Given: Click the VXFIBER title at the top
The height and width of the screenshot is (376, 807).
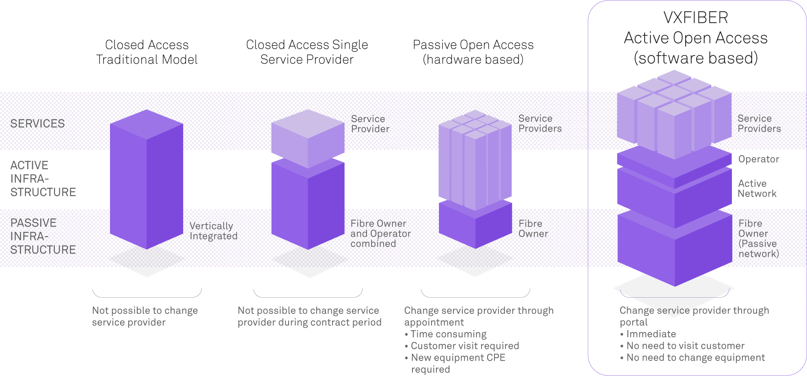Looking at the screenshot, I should [695, 17].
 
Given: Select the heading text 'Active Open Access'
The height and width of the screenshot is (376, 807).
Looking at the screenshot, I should [695, 38].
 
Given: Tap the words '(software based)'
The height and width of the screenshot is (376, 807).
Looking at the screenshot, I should [695, 58].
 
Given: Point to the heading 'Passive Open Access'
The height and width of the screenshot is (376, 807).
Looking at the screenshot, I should [473, 45].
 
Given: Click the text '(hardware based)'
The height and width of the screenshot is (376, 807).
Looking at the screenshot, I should [473, 60].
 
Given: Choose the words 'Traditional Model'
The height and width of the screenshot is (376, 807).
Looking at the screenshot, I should [147, 60].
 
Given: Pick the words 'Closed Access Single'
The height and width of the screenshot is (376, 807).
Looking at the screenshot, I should [307, 45].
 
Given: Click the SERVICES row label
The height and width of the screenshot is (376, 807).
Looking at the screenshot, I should [37, 123].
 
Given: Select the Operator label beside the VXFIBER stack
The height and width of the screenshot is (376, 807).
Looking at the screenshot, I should [758, 159].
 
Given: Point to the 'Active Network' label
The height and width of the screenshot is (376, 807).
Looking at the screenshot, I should [757, 188].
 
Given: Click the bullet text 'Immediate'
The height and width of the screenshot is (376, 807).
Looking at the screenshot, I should [651, 334].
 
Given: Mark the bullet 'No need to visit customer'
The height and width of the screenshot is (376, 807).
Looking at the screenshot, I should [685, 346].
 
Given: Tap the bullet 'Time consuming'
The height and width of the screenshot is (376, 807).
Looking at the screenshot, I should [449, 334].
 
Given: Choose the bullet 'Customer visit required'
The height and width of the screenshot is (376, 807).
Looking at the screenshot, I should [465, 346].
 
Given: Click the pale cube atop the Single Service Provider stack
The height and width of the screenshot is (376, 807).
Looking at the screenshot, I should [308, 138].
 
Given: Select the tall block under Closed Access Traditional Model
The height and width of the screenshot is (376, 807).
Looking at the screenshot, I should [147, 179].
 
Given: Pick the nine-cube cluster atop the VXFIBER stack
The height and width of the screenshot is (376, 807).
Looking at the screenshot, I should [674, 114].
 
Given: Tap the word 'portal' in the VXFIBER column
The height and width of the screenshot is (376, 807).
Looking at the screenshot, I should [633, 322].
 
